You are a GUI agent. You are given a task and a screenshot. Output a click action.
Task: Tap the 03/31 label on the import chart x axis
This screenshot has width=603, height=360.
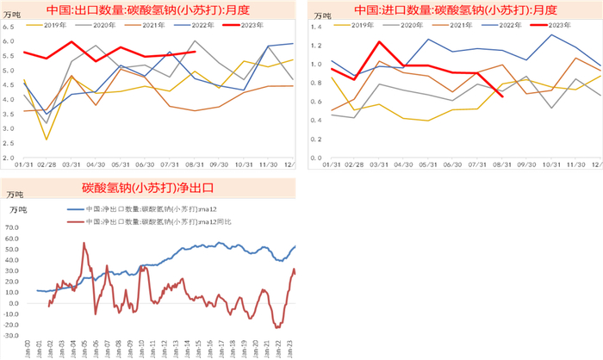pos(379,164)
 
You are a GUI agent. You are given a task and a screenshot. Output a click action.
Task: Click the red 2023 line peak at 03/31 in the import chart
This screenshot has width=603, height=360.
pos(379,41)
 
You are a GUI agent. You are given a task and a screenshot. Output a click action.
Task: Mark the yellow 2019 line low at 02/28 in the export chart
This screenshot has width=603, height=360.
pos(47,140)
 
